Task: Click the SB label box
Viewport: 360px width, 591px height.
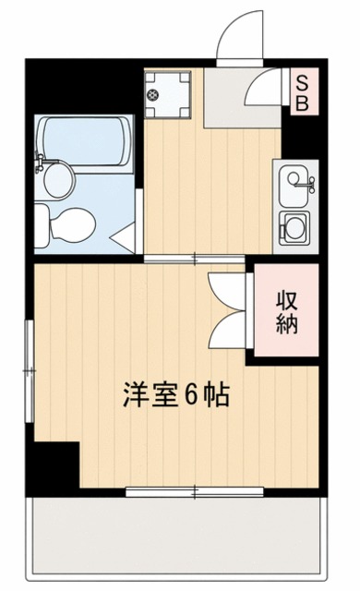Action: pyautogui.click(x=302, y=92)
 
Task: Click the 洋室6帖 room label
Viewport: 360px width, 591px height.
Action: pyautogui.click(x=176, y=395)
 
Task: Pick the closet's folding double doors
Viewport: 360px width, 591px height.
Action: pyautogui.click(x=227, y=308)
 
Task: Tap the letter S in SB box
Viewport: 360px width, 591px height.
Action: pyautogui.click(x=302, y=83)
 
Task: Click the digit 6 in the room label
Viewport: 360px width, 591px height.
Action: pyautogui.click(x=189, y=395)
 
